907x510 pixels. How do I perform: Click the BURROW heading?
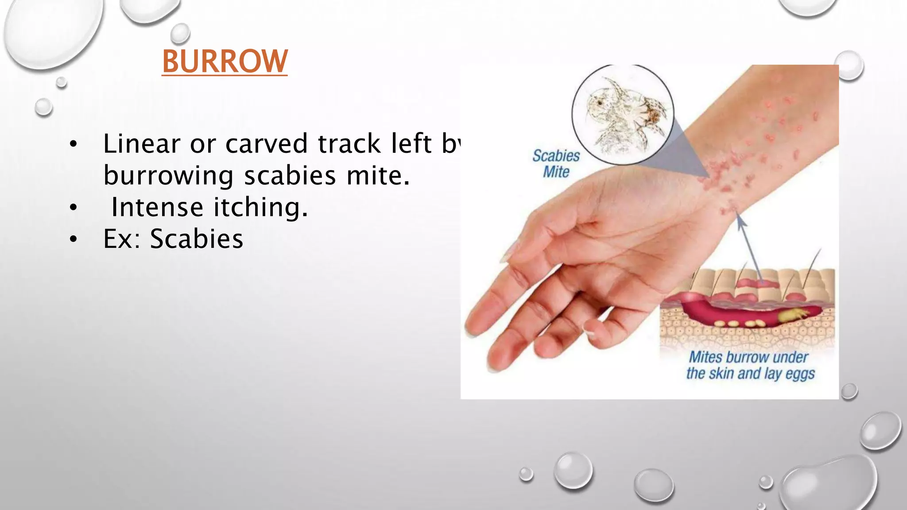click(225, 62)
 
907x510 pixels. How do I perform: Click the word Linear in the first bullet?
click(142, 144)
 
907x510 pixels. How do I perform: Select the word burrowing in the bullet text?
click(168, 176)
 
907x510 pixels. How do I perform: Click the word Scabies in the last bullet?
click(197, 239)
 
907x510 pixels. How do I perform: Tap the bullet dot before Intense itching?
click(74, 207)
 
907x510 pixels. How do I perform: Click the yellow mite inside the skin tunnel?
click(793, 315)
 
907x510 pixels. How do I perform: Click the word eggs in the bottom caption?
click(799, 374)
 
